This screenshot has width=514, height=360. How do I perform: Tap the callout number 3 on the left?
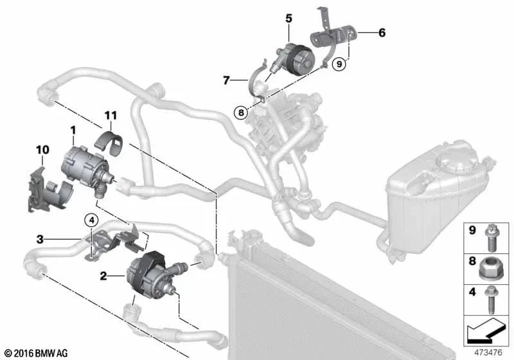[40, 240]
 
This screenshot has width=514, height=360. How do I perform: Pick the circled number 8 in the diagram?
[240, 111]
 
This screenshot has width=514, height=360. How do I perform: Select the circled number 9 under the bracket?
[340, 64]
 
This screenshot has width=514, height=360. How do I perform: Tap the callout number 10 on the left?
[42, 150]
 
